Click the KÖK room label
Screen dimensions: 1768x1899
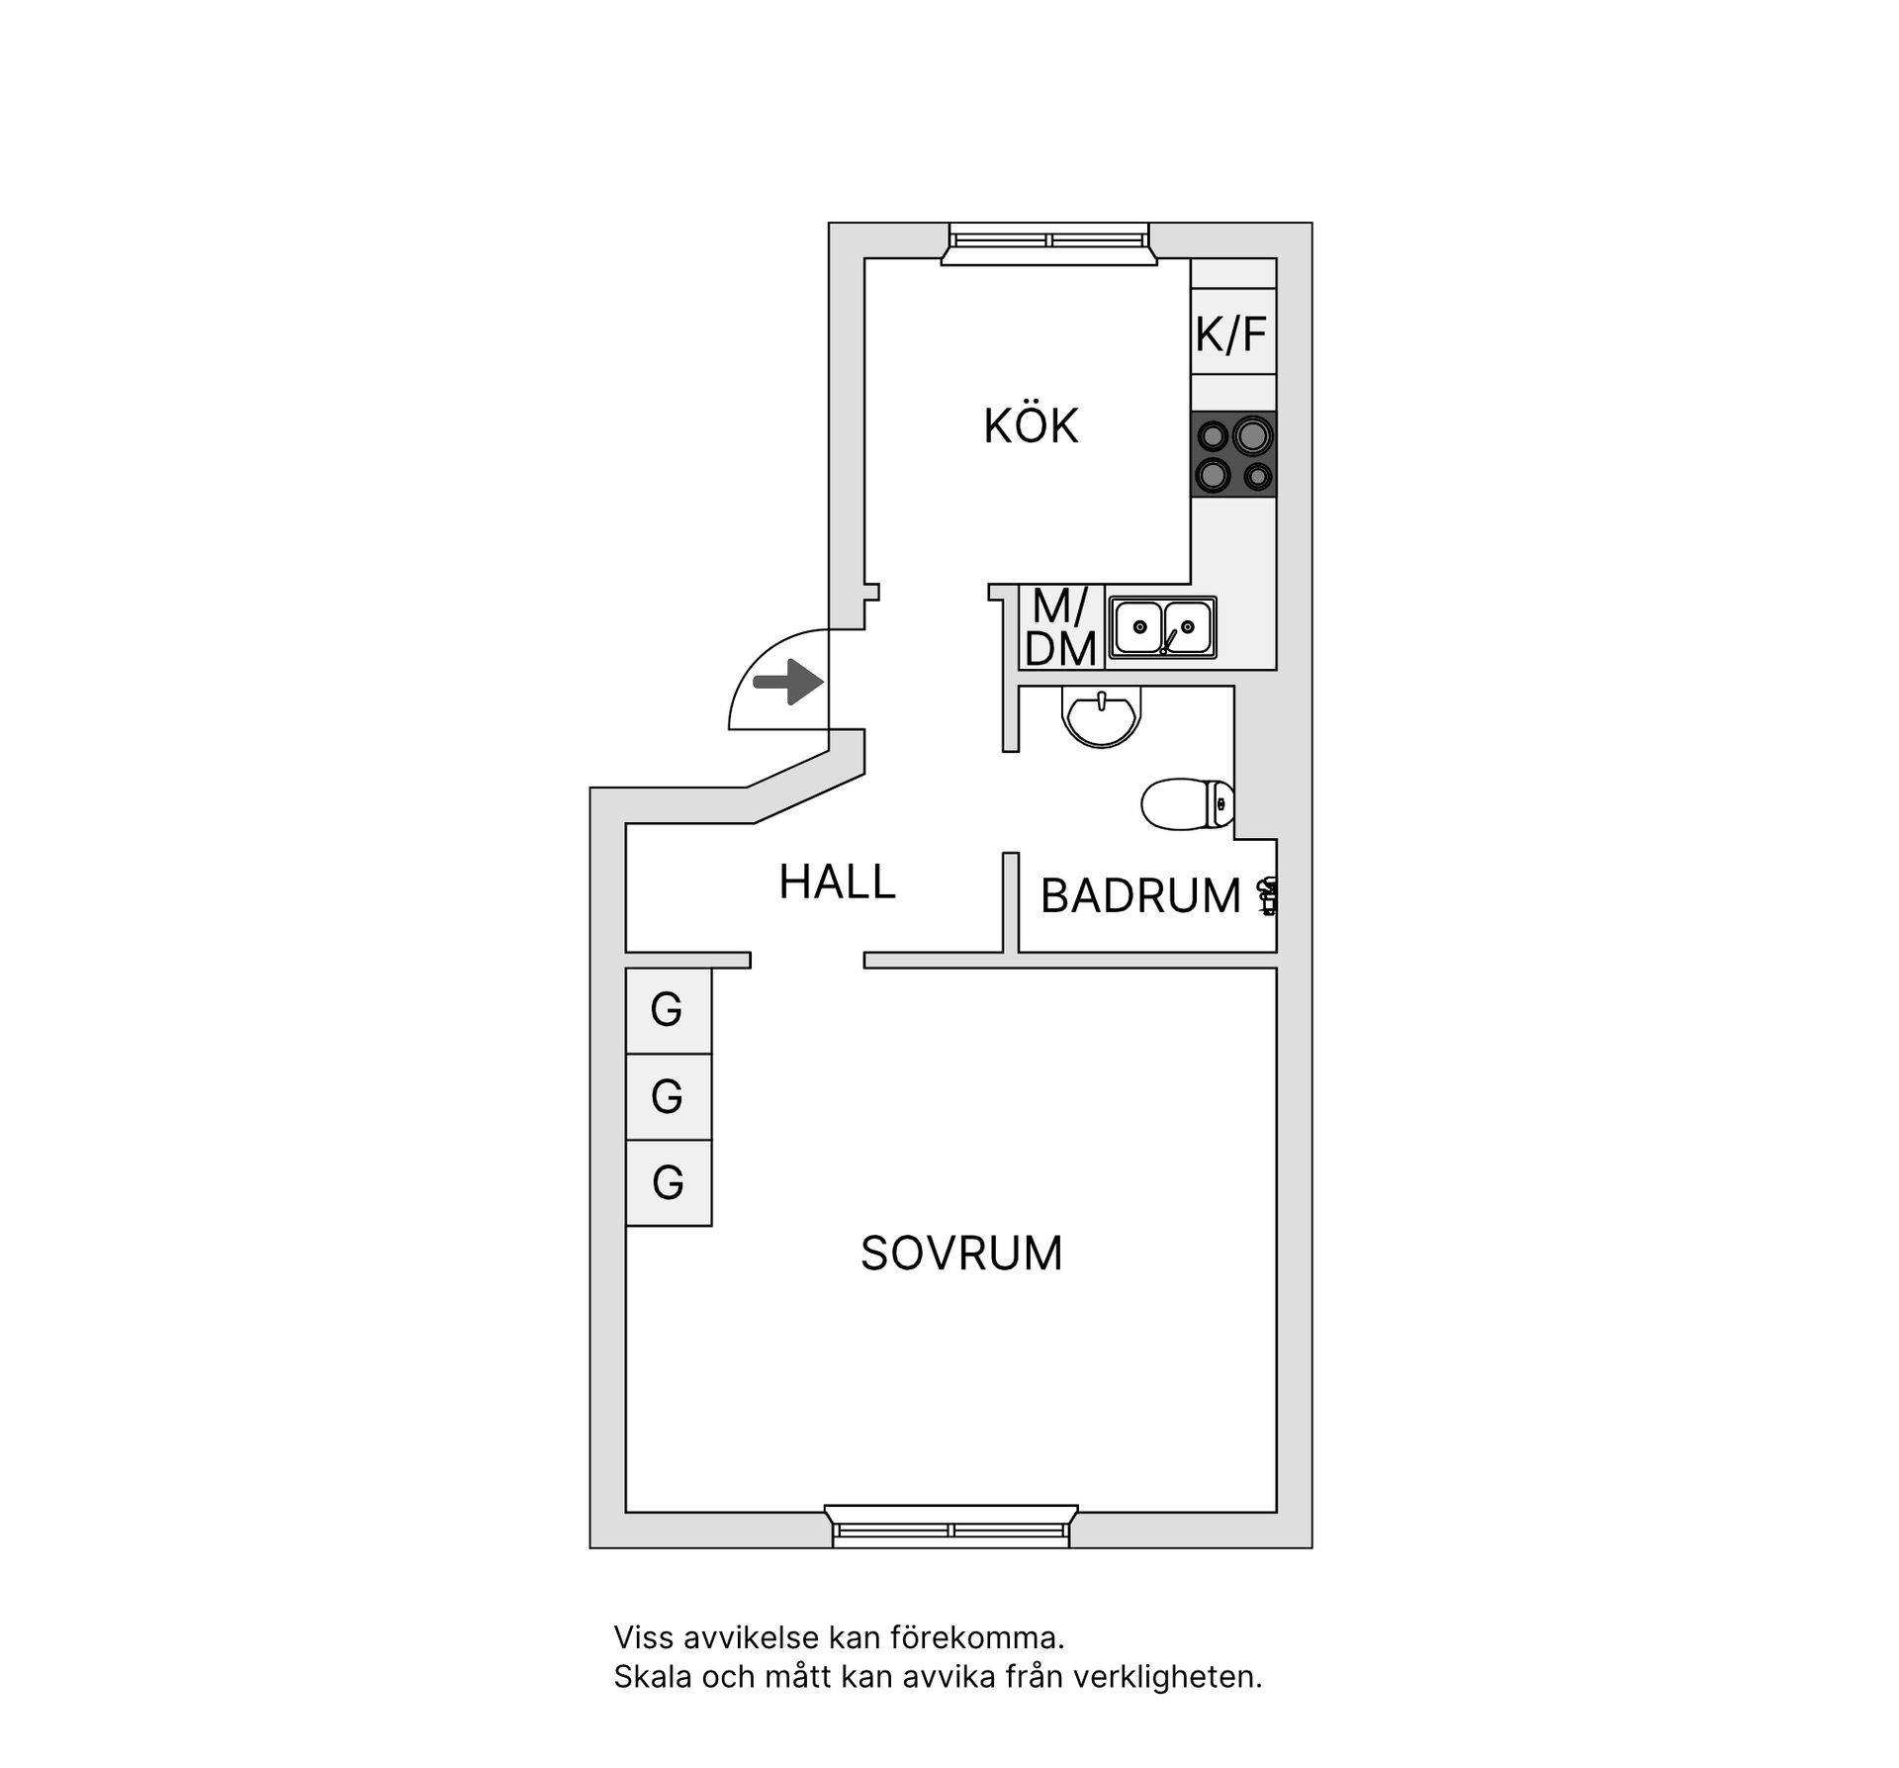(x=1031, y=426)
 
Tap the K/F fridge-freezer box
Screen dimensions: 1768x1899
(x=1231, y=333)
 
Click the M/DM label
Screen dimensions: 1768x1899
(x=1060, y=628)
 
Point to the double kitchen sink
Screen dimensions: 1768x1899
(x=1162, y=627)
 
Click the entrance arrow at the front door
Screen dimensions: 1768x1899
(x=788, y=682)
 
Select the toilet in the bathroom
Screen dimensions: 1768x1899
(x=1187, y=803)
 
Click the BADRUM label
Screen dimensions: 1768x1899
(x=1140, y=896)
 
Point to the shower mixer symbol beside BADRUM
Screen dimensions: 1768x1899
(x=1267, y=896)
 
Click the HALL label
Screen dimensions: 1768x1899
(x=837, y=882)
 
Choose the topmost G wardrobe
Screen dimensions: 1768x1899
(x=668, y=1010)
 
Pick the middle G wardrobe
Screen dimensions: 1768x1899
(x=668, y=1096)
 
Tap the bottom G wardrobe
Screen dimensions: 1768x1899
(x=668, y=1182)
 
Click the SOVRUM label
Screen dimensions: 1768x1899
(x=961, y=1254)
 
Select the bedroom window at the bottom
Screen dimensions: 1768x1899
(x=950, y=1529)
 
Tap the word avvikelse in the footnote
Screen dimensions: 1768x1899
(x=753, y=1637)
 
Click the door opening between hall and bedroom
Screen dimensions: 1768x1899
(x=807, y=960)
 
